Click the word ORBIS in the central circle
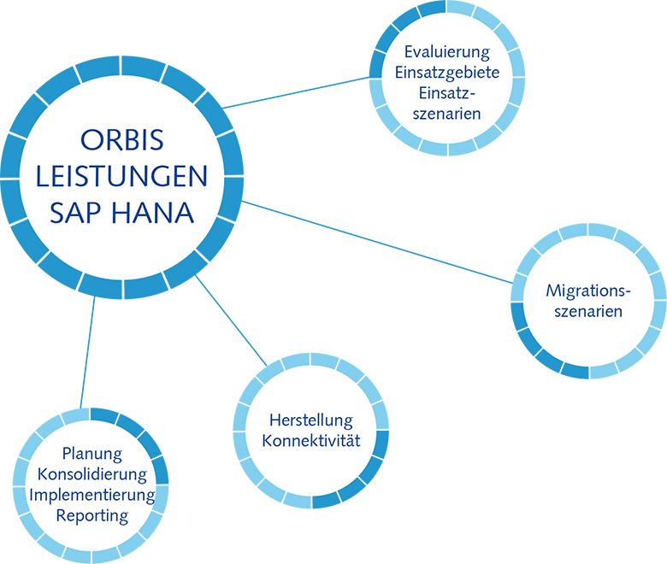(x=121, y=140)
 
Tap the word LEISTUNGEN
(x=121, y=176)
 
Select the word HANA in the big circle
(x=152, y=213)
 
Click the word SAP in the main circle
(x=75, y=213)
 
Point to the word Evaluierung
(x=447, y=52)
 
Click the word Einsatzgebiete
(x=447, y=73)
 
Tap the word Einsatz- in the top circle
(x=446, y=92)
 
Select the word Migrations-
(x=587, y=291)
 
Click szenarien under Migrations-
(x=588, y=312)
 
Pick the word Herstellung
(x=311, y=420)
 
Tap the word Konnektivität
(x=311, y=441)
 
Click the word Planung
(x=92, y=454)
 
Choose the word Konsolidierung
(x=92, y=474)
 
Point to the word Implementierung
(x=92, y=495)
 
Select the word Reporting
(x=92, y=516)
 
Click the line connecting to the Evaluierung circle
(x=297, y=92)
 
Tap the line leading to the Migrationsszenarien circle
(x=377, y=242)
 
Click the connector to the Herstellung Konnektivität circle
(x=231, y=320)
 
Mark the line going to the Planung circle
(x=87, y=352)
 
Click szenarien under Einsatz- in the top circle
(x=446, y=114)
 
